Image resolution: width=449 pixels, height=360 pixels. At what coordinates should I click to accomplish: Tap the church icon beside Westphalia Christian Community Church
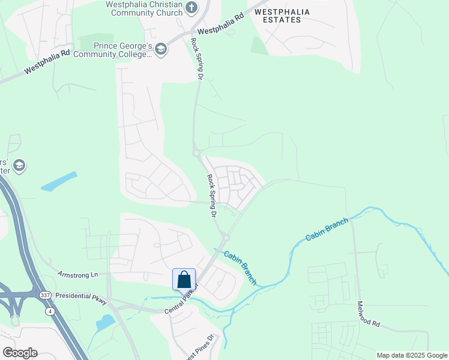pos(191,8)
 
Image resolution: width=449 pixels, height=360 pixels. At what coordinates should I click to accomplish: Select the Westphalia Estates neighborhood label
pos(277,16)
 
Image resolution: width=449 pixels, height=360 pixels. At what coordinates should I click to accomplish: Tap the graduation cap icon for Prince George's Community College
pos(160,49)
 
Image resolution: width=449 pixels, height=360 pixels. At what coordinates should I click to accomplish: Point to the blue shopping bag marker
pos(184,280)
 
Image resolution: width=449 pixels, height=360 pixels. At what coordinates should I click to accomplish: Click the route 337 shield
pos(46,295)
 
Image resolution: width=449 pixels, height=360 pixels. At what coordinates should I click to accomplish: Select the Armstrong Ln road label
pos(77,274)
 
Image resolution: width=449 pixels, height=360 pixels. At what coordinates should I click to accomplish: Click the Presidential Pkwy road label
pos(80,296)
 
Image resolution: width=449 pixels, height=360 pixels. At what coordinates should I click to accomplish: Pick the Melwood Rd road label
pos(369,314)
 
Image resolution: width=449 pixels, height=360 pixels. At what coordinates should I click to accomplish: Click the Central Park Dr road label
pos(181,303)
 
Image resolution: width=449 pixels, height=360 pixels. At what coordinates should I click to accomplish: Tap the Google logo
pos(20,352)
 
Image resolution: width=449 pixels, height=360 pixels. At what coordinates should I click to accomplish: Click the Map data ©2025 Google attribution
pos(412,355)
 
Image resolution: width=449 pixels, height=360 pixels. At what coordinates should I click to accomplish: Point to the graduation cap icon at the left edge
pos(19,166)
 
